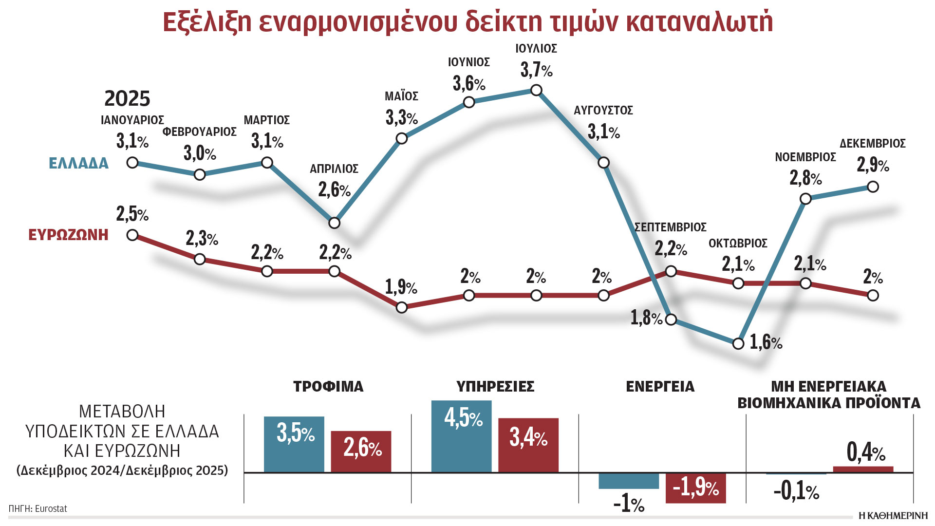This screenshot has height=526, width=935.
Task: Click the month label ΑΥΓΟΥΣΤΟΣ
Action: pos(603,111)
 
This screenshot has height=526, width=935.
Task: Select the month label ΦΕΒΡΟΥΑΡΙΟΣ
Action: pos(200,132)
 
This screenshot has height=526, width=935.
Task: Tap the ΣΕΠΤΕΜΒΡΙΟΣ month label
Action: pos(670,227)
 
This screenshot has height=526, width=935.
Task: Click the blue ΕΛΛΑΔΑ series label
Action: pos(78,163)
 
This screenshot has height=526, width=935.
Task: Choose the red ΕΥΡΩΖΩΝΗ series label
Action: pos(68,235)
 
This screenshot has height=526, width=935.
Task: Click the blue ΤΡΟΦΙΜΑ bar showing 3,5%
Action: pos(294,444)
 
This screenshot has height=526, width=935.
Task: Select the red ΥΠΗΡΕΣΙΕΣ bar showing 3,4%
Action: pos(528,445)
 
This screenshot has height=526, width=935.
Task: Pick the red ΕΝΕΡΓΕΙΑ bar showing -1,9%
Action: pos(695,488)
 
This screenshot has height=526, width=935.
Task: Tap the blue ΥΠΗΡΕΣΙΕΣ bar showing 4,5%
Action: pos(461,436)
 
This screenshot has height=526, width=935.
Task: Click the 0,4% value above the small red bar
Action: pos(865,452)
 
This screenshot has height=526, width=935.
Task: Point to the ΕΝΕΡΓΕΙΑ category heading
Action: pos(660,387)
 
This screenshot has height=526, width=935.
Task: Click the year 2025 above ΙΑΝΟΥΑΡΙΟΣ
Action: pos(127,99)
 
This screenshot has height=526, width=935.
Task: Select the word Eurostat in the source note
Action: pos(51,509)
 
